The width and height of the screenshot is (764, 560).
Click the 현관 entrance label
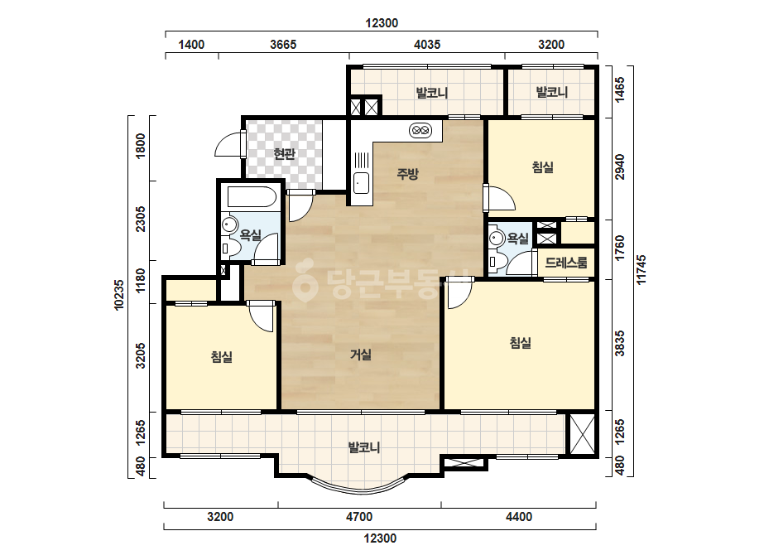tap(284, 154)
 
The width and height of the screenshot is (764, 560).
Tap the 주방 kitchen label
tap(407, 174)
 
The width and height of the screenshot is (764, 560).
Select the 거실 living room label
tap(361, 355)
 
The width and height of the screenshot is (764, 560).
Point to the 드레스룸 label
tap(565, 263)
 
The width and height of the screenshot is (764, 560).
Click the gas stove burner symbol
tap(420, 130)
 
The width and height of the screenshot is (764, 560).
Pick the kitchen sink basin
tap(361, 183)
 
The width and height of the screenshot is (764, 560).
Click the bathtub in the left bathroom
tap(252, 197)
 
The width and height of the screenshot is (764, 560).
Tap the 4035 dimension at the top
tap(427, 45)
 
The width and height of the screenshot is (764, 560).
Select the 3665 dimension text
tap(283, 45)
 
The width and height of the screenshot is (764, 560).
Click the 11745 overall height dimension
tap(641, 270)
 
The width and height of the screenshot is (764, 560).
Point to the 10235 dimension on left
tap(119, 295)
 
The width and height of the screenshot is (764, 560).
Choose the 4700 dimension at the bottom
tap(359, 517)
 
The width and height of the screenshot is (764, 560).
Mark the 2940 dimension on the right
tap(619, 167)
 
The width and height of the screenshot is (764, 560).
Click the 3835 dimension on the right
tap(619, 344)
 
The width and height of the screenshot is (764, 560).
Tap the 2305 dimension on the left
tap(141, 219)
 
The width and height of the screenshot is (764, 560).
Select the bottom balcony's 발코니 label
tap(364, 447)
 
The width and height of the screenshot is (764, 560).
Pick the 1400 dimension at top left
tap(191, 45)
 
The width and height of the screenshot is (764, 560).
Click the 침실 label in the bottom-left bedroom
tap(222, 357)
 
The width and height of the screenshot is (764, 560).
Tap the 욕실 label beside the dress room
tap(517, 239)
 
